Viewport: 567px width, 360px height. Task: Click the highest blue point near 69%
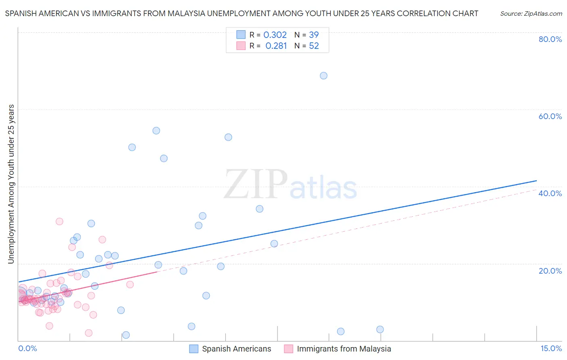click(x=323, y=76)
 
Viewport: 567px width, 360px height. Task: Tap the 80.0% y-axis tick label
click(x=550, y=39)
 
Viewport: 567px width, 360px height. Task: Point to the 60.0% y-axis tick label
click(x=550, y=116)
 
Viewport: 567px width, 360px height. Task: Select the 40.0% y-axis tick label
click(x=550, y=193)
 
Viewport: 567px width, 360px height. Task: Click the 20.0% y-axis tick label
click(x=550, y=271)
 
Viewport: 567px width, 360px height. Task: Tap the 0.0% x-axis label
click(x=27, y=348)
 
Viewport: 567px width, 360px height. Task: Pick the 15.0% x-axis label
click(x=551, y=348)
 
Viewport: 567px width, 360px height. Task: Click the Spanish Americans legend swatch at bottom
click(x=194, y=349)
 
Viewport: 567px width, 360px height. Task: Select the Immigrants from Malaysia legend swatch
click(x=288, y=349)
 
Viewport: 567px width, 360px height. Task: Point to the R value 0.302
click(x=275, y=35)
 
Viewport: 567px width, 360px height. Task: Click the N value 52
click(x=314, y=46)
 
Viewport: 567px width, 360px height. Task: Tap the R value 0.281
click(x=276, y=46)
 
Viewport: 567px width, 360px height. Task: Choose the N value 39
click(x=314, y=35)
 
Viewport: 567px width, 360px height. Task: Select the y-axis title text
click(x=11, y=184)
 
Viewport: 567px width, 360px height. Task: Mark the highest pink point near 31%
click(x=59, y=221)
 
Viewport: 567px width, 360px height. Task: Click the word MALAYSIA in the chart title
click(x=223, y=13)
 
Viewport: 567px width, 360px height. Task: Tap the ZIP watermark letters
click(x=256, y=185)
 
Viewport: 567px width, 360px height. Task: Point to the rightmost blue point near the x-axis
click(x=380, y=329)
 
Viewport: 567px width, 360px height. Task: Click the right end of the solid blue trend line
click(x=536, y=180)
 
